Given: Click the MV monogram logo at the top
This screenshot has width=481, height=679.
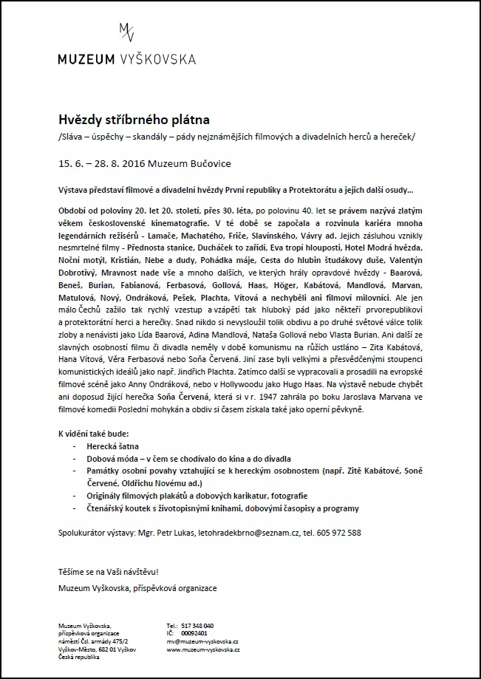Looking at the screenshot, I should pos(126,33).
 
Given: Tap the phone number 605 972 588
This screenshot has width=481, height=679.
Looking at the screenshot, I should pos(337,533).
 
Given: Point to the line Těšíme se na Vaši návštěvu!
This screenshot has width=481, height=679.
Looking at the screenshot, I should pos(108,573).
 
